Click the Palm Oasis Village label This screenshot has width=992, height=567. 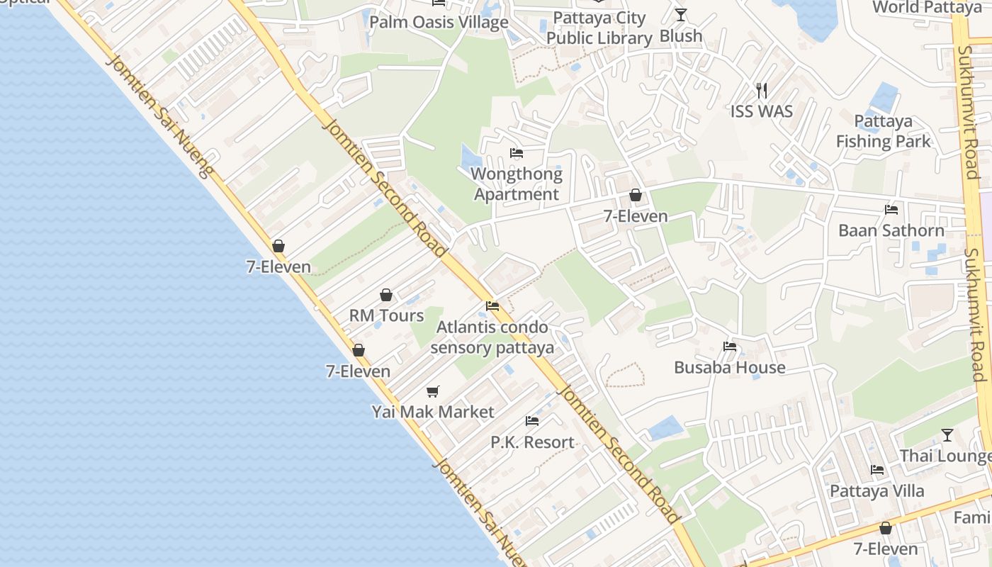(x=439, y=22)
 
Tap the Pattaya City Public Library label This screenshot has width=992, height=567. (x=599, y=28)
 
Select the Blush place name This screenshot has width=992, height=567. (x=681, y=35)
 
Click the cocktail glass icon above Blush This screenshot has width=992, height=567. (x=681, y=15)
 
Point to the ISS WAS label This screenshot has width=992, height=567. (x=762, y=111)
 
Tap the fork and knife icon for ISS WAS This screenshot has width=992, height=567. (x=762, y=90)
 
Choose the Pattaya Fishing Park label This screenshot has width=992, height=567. (x=883, y=131)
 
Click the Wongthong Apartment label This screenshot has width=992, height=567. (x=517, y=184)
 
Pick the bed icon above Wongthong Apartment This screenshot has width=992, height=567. (x=517, y=153)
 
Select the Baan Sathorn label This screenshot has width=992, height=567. (x=891, y=230)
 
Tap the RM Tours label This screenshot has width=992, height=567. (x=386, y=315)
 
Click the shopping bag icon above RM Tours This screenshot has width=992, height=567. (x=386, y=295)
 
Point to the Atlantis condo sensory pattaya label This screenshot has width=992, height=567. (x=492, y=337)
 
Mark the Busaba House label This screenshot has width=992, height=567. (x=729, y=367)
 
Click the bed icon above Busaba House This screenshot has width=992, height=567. (x=729, y=347)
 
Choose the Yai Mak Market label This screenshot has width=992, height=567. (x=433, y=412)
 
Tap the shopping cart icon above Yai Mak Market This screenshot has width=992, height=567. (x=433, y=391)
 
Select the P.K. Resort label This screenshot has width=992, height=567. (x=532, y=442)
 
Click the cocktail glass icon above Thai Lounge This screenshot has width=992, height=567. (x=947, y=435)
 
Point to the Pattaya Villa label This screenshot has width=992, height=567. (x=877, y=490)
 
